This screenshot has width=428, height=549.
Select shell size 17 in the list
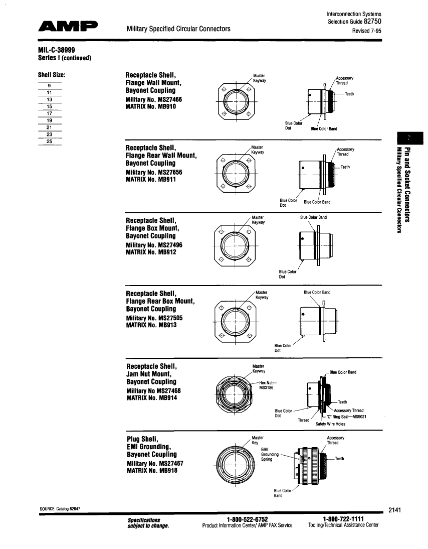click(50, 113)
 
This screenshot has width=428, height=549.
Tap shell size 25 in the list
click(50, 141)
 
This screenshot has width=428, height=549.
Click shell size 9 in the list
click(50, 86)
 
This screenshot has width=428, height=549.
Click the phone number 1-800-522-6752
click(247, 519)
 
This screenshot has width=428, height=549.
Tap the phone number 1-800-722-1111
click(343, 519)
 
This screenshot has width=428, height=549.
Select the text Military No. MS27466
click(153, 100)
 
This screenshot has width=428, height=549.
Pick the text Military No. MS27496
click(154, 245)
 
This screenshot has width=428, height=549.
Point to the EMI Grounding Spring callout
click(268, 454)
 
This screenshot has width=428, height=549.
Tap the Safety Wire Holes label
click(330, 424)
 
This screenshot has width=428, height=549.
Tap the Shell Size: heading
click(52, 76)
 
